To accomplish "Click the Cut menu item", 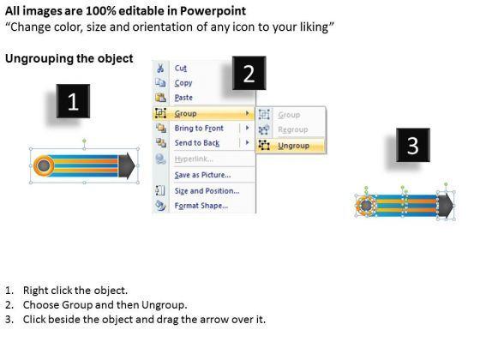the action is (x=181, y=68).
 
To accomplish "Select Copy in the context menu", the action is (x=183, y=83).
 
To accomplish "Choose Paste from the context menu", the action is (x=183, y=98).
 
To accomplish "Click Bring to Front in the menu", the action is (x=199, y=129).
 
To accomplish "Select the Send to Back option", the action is (x=197, y=143).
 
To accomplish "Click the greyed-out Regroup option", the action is (x=292, y=129).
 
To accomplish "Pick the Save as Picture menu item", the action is (x=202, y=175).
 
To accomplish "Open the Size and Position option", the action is (x=207, y=191).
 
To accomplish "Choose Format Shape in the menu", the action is (x=201, y=206).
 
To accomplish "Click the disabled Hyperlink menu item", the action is (x=194, y=159).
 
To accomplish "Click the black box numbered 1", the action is (x=73, y=101).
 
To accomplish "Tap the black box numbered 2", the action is (x=249, y=73).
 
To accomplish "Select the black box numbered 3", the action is (x=413, y=145).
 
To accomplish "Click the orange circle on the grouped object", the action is (x=44, y=165).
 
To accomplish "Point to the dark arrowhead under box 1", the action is (x=127, y=165).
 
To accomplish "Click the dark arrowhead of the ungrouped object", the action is (x=446, y=205).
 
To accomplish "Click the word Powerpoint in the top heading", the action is (x=213, y=11).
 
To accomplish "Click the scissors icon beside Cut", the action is (x=160, y=68).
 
